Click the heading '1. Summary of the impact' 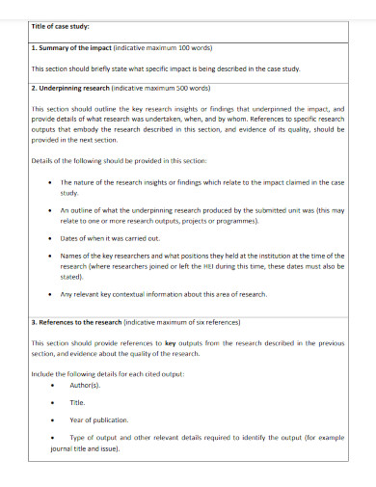(71, 46)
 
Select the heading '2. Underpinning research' (71, 87)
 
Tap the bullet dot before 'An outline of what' (49, 209)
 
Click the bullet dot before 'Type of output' (49, 438)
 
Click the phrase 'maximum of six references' (201, 321)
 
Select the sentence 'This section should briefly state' (166, 69)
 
